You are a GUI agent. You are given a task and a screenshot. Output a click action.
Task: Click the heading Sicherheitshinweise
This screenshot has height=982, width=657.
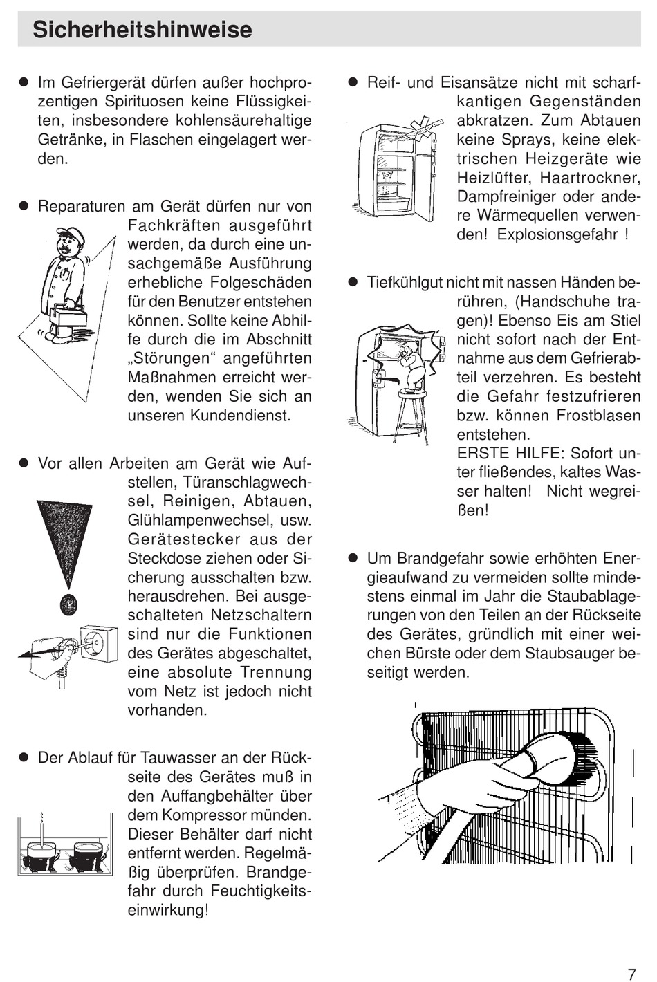[x=142, y=30]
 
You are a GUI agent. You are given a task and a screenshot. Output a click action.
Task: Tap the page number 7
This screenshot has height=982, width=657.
[x=631, y=974]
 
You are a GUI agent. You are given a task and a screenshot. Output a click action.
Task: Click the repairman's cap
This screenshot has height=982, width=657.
[x=71, y=236]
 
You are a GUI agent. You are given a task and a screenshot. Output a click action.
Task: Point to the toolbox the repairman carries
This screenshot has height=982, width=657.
[x=68, y=315]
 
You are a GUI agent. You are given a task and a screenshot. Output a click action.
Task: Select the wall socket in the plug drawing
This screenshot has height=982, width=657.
[x=98, y=644]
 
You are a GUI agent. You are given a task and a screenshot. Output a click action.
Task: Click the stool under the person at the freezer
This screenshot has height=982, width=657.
[x=411, y=415]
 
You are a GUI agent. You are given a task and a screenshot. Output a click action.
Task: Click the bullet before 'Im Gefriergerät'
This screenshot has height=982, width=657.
[x=23, y=83]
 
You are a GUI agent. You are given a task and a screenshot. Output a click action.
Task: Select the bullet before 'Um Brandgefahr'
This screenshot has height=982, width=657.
[x=352, y=558]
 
